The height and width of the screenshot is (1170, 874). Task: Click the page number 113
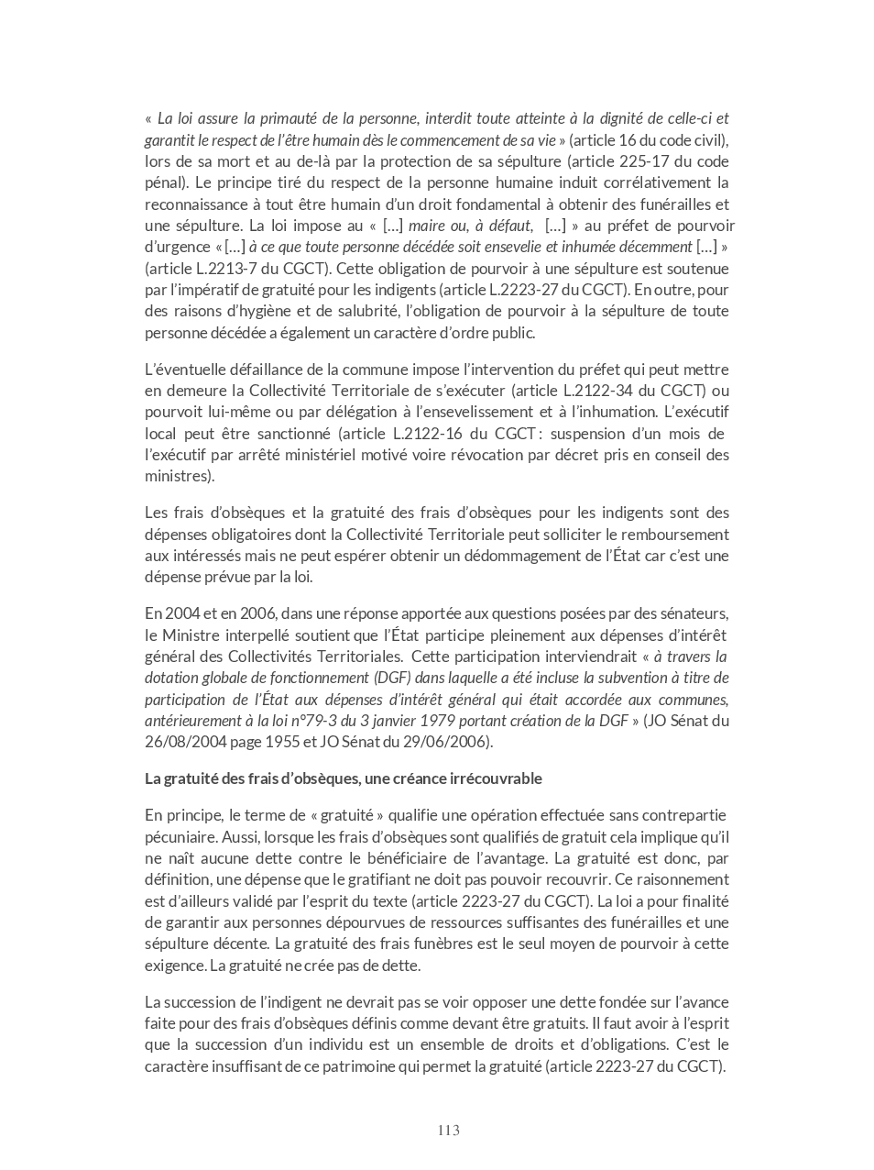(x=448, y=1131)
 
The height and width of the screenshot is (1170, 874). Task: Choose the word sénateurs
(x=694, y=613)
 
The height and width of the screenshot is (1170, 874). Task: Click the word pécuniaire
(x=181, y=837)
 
